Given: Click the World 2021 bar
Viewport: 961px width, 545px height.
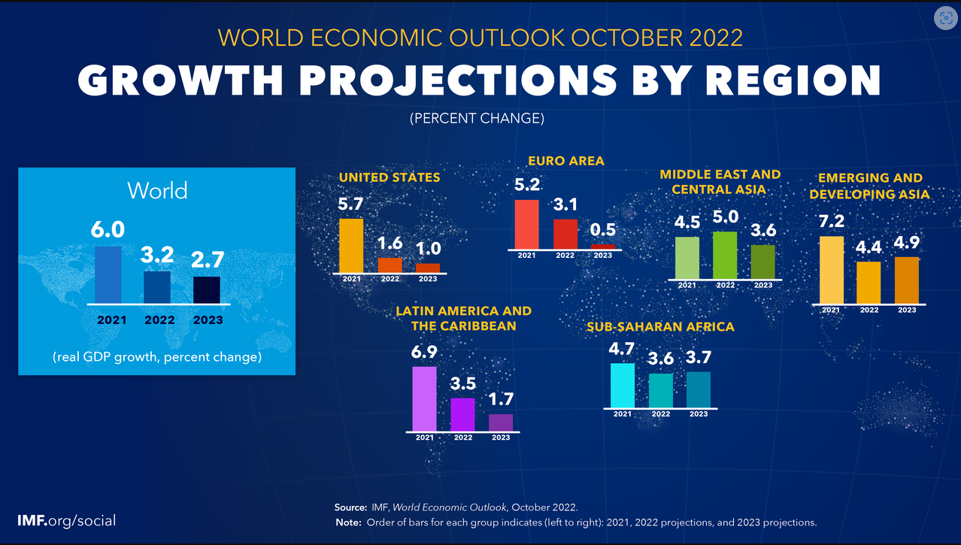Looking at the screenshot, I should pos(108,274).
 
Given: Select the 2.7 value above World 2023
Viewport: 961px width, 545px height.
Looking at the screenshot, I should pos(207,260).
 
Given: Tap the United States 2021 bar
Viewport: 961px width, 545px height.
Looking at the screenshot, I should pos(351,246).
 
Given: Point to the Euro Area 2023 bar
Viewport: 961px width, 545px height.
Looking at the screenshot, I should pos(603,246).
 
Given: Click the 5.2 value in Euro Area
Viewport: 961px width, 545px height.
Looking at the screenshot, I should pos(527,185).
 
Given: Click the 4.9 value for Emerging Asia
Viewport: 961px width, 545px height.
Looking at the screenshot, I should pos(906,243).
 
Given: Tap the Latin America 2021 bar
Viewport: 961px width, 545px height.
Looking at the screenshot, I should pos(425,398).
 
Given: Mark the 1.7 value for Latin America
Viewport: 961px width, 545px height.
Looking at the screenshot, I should pos(501,399).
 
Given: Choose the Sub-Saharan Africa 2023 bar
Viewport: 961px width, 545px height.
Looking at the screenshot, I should pos(699,389).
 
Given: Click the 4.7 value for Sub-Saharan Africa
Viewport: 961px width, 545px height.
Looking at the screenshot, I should pos(622,349).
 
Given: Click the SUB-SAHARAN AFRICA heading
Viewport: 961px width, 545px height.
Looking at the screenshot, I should pos(660,327).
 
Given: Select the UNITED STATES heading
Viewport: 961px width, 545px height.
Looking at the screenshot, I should pos(390,177).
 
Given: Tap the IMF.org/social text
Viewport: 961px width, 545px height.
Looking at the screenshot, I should pos(67,520).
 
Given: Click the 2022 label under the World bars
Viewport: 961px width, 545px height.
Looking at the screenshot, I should pos(159,319).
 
